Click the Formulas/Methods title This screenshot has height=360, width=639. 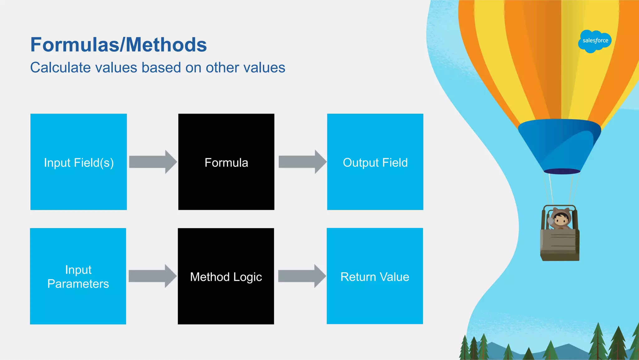click(x=119, y=45)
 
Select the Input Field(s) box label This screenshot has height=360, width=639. click(x=79, y=163)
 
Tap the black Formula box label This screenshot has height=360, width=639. click(x=226, y=163)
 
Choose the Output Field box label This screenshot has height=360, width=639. click(x=375, y=163)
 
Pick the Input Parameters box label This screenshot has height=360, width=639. click(x=78, y=277)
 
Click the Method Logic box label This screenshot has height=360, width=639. click(x=226, y=277)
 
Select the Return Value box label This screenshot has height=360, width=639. click(x=375, y=277)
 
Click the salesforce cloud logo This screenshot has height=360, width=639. click(x=595, y=41)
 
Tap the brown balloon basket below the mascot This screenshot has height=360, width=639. click(x=560, y=245)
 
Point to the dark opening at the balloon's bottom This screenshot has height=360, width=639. click(x=562, y=171)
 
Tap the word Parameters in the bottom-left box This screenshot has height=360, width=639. click(x=78, y=284)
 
